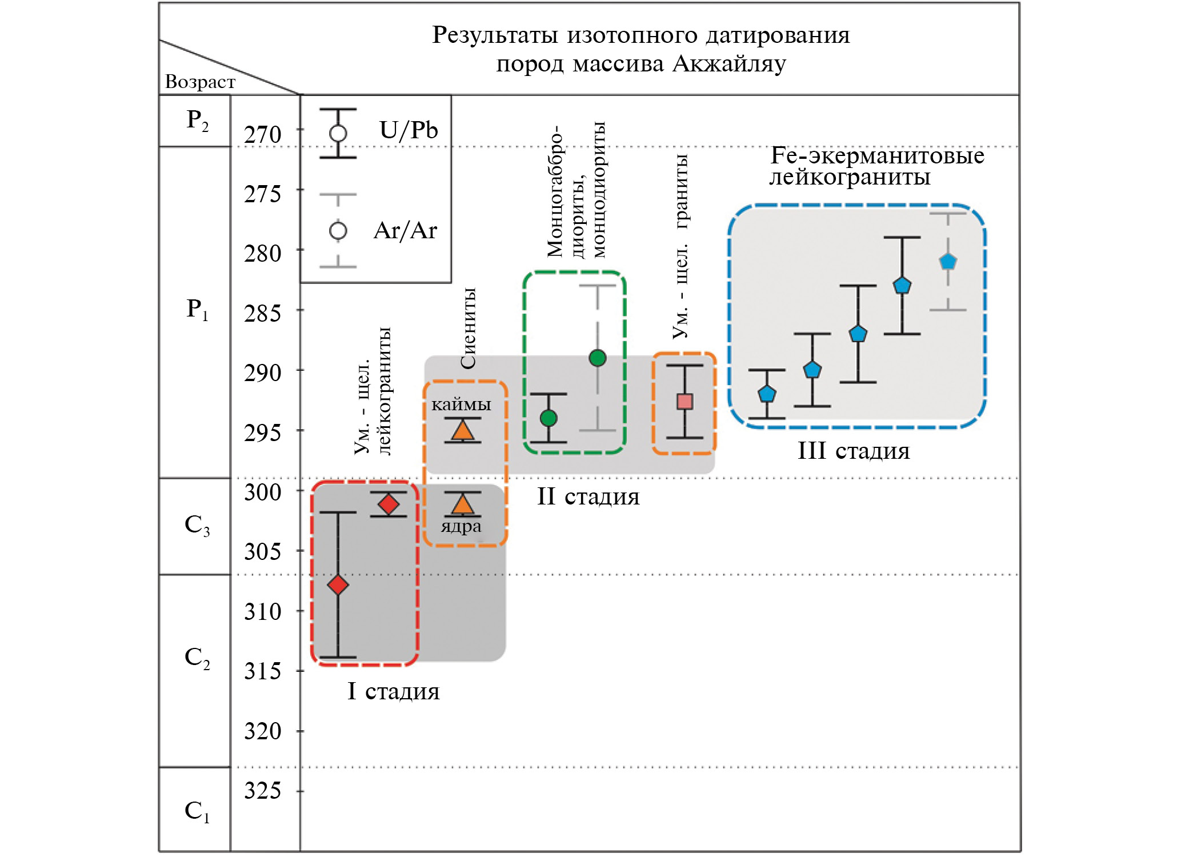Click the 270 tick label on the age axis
coord(262,135)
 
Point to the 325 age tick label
coord(262,791)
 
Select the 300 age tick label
coord(262,492)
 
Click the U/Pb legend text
coord(408,130)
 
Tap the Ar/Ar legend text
coord(405,231)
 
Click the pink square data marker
coord(684,402)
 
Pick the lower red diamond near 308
coord(338,584)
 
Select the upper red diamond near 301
coord(389,504)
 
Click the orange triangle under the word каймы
coord(462,430)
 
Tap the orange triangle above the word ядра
coord(462,504)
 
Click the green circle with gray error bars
coord(598,358)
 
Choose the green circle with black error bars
coord(549,418)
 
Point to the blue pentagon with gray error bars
coord(948,262)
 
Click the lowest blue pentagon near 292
coord(767,394)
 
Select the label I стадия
coord(393,692)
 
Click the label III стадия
coord(853,451)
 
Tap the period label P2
coord(197,121)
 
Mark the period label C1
coord(197,811)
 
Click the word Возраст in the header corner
coord(200,82)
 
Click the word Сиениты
coord(468,328)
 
